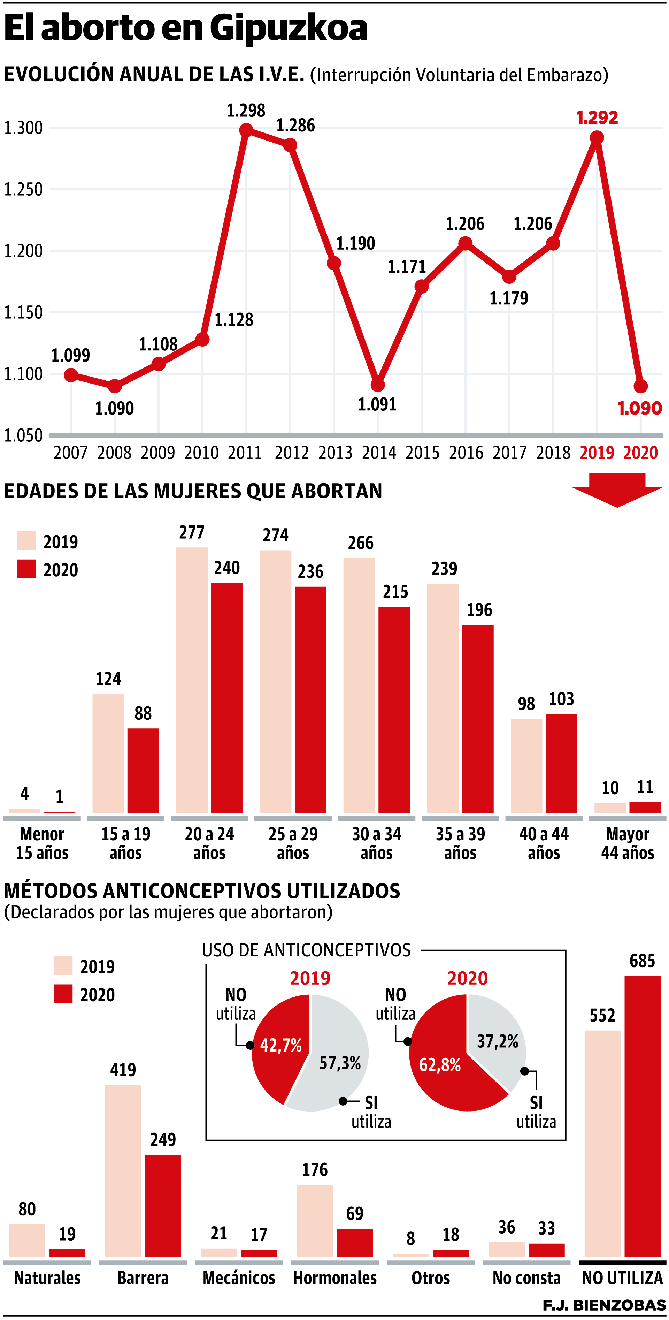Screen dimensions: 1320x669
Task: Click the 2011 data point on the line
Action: [246, 130]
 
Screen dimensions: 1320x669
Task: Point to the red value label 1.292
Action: [597, 118]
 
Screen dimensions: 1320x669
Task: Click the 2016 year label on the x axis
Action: [466, 453]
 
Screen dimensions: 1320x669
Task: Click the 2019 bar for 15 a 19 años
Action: [108, 753]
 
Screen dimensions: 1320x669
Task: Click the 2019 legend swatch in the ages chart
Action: [26, 541]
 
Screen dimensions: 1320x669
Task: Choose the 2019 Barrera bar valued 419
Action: [123, 1171]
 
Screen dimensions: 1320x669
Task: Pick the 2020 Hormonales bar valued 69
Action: [354, 1243]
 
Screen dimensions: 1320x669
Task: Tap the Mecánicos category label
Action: [239, 1278]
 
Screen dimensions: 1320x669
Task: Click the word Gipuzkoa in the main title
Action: [289, 28]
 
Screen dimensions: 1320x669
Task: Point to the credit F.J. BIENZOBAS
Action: [603, 1305]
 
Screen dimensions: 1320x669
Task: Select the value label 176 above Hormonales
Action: [315, 1170]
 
